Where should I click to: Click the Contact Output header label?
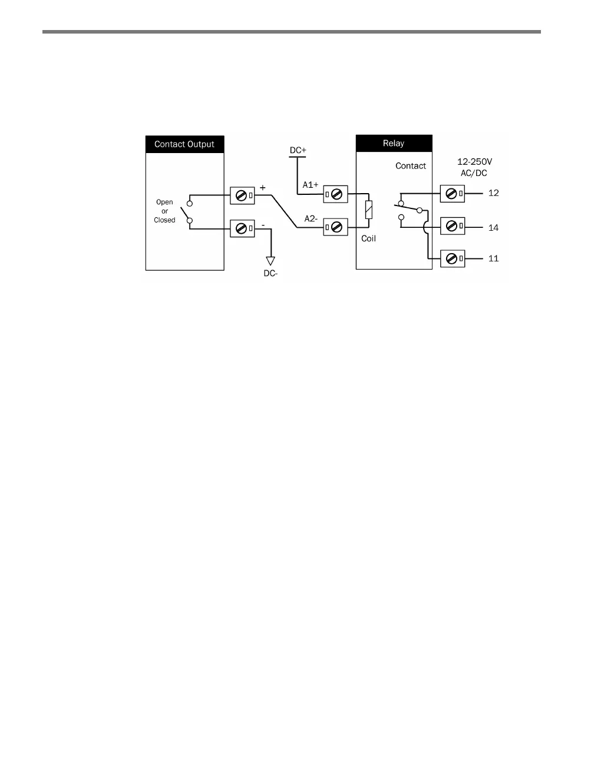coord(184,144)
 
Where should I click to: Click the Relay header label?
coord(394,143)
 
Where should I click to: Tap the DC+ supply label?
coord(298,150)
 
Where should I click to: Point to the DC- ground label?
coord(270,274)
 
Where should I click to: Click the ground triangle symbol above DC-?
coord(270,260)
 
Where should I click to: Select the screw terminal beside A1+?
coord(336,194)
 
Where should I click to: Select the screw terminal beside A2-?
coord(336,227)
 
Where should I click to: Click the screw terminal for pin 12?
coord(453,194)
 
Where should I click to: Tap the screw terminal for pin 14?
coord(453,227)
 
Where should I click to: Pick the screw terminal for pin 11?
coord(453,258)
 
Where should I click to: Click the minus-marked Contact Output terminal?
coord(242,228)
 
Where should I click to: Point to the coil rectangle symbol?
coord(369,210)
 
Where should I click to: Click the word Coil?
coord(368,238)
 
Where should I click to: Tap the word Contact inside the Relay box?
coord(411,166)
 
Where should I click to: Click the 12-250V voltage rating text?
coord(474,161)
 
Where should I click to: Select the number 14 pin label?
coord(493,228)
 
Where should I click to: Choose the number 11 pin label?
coord(493,258)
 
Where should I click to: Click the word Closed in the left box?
coord(164,220)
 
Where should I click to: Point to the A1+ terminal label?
coord(311,185)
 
